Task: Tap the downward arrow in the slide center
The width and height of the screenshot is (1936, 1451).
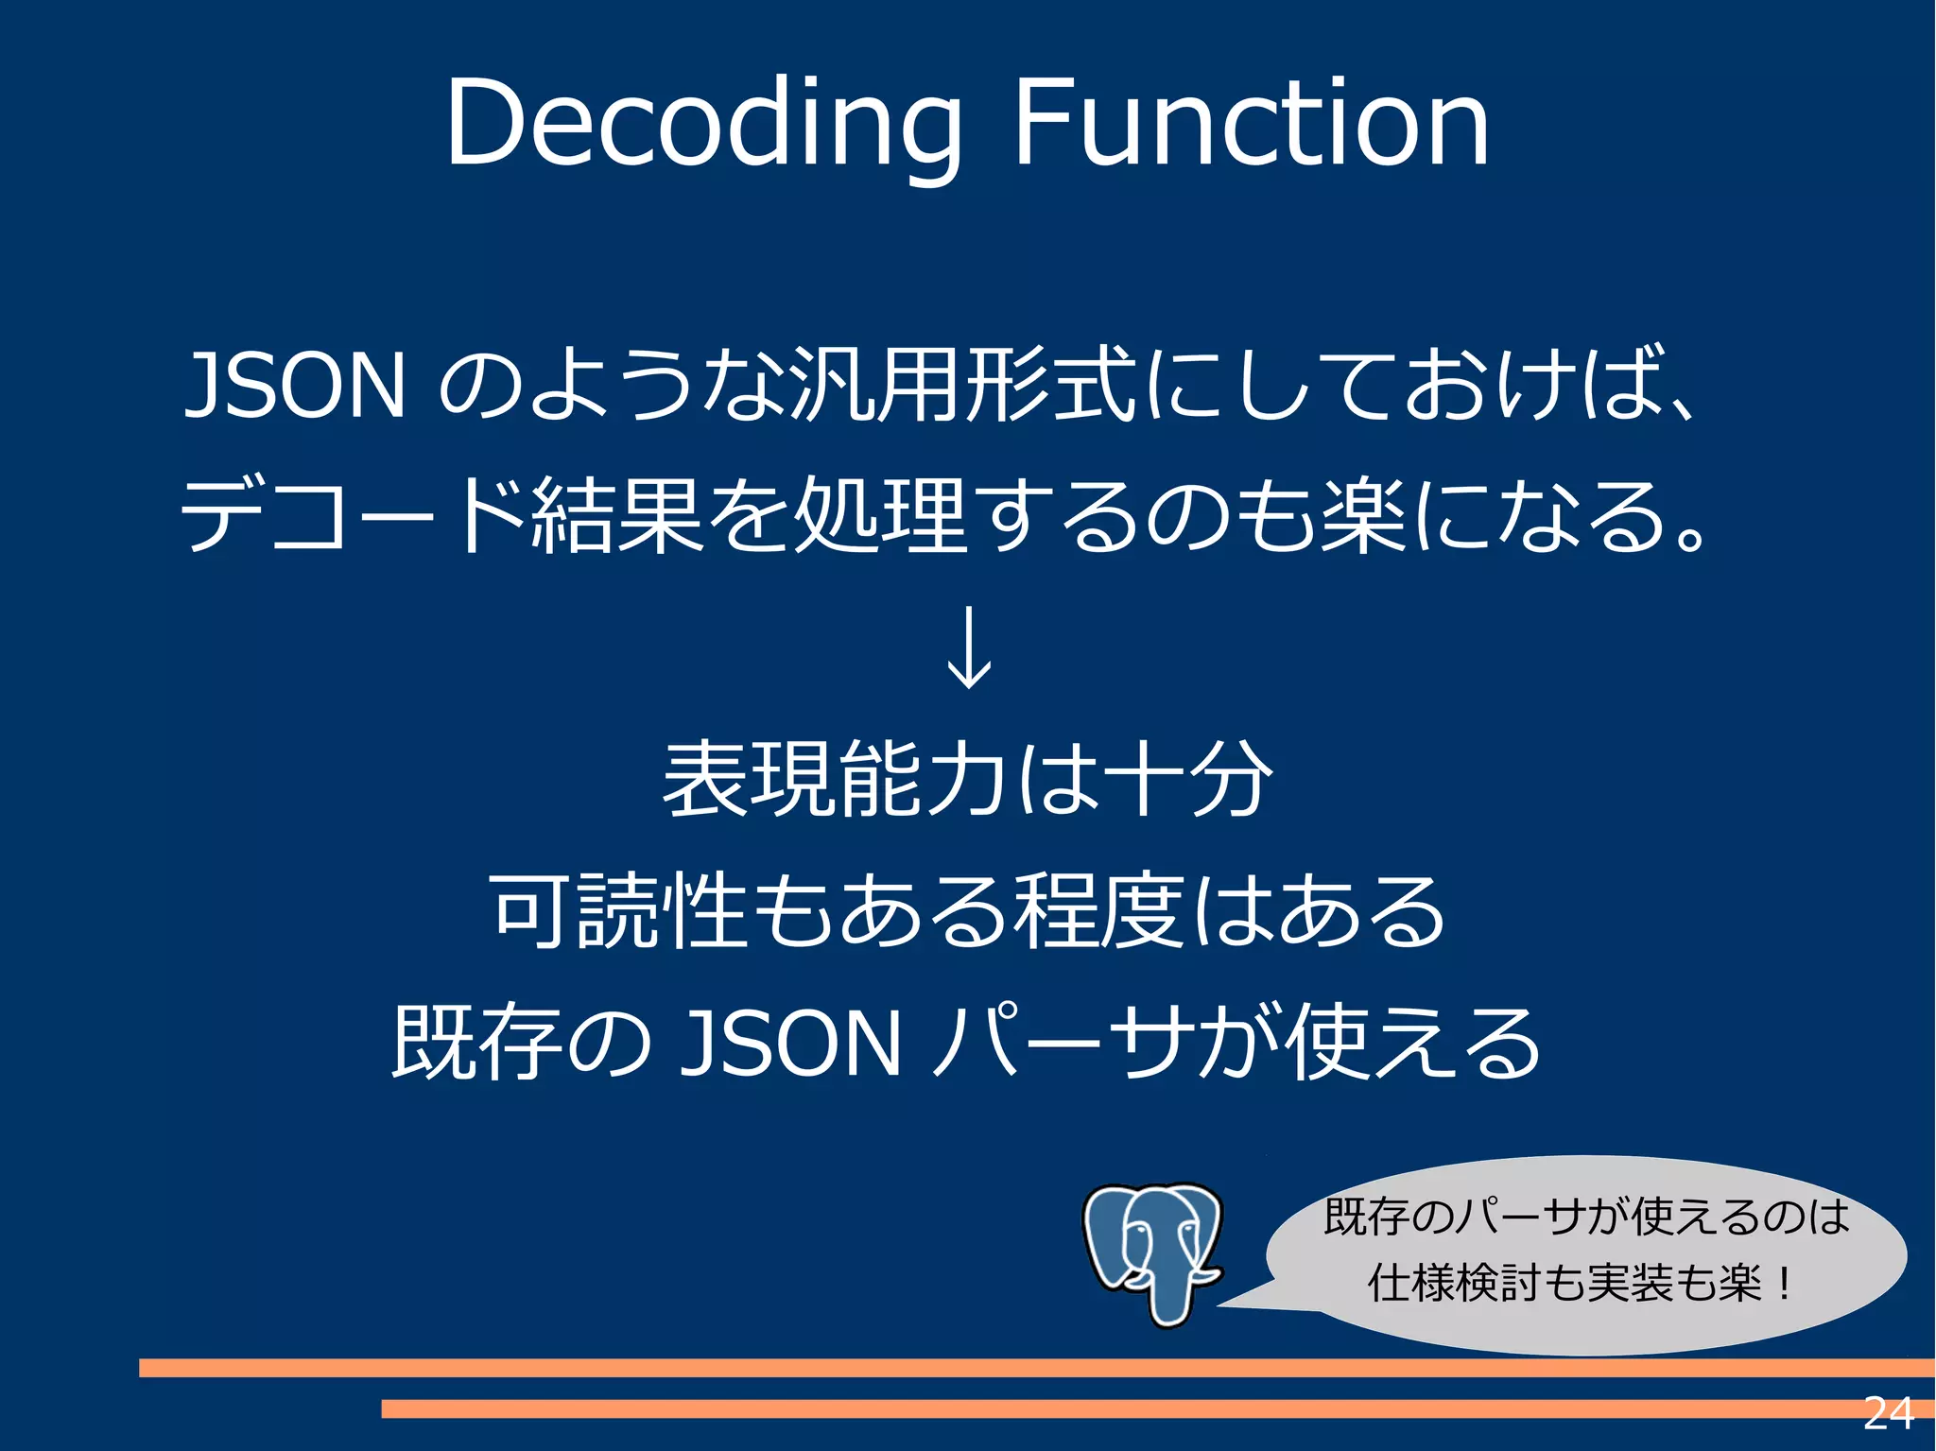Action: pyautogui.click(x=969, y=648)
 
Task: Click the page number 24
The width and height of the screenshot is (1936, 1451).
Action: pyautogui.click(x=1888, y=1413)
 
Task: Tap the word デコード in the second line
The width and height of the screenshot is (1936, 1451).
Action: pyautogui.click(x=354, y=515)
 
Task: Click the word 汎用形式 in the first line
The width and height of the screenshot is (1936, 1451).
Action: pyautogui.click(x=962, y=385)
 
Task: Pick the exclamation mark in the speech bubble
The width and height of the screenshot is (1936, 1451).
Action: pyautogui.click(x=1783, y=1284)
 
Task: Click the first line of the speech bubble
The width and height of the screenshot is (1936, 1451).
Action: pyautogui.click(x=1585, y=1217)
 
